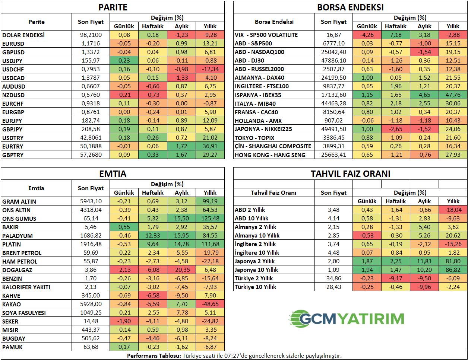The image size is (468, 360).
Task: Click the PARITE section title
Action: pos(113,7)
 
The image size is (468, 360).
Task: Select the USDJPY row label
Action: pos(13,61)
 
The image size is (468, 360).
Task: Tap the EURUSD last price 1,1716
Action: pos(91,44)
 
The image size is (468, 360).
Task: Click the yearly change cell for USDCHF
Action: pos(210,69)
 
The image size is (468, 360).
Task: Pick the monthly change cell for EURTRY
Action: pos(181,146)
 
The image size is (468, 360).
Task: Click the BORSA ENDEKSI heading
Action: pos(350,7)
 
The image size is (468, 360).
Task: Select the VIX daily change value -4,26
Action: pos(367,35)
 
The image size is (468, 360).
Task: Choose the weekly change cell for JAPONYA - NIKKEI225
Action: pos(396,129)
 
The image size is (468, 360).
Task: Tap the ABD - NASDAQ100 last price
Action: pos(333,52)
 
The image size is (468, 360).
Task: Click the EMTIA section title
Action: pos(113,174)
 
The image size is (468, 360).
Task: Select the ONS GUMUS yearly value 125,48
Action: pos(210,219)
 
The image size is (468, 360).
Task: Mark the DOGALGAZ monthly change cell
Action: pos(181,270)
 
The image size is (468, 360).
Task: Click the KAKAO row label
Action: pos(12,304)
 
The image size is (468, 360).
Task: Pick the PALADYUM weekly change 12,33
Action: pos(153,236)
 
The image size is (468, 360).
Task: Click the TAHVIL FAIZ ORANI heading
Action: pos(350,174)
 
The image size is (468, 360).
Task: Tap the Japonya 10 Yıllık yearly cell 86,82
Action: pos(453,270)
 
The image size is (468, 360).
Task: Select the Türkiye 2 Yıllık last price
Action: pos(333,278)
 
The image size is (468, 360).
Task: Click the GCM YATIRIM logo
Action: pos(347,319)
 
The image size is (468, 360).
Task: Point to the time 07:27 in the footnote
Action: pos(231,356)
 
